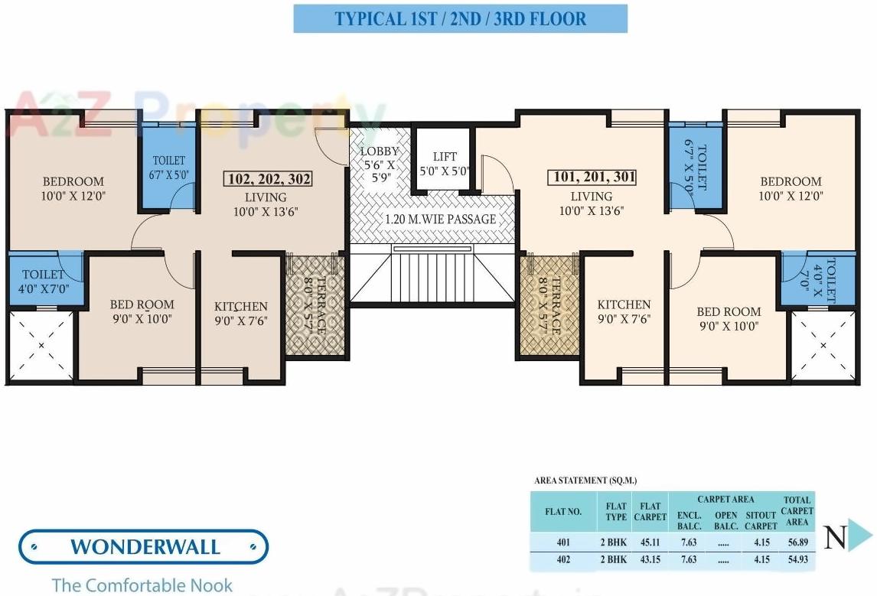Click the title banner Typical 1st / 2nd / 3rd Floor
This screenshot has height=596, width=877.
460,18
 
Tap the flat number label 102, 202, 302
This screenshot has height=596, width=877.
269,179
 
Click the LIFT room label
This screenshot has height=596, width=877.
445,164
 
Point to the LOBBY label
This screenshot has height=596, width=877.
380,158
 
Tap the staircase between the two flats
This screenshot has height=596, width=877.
432,275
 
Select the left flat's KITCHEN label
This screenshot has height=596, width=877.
241,313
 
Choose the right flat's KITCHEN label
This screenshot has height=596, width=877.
624,311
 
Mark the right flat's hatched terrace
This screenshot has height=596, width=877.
549,305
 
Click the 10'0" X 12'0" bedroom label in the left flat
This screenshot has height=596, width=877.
73,188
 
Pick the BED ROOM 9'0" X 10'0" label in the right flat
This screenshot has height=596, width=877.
729,318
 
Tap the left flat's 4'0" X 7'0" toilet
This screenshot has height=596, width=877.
44,280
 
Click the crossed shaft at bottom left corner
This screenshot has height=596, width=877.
41,346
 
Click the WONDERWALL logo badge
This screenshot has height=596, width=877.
144,546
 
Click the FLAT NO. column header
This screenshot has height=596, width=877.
563,512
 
